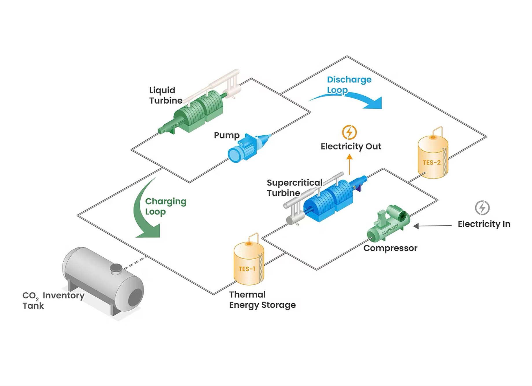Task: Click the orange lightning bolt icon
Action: pos(349,132)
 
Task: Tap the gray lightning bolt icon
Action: pos(482,208)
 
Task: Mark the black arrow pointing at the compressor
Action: pos(432,226)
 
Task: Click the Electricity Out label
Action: pos(351,146)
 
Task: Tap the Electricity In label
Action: pos(484,224)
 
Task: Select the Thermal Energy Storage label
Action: pos(262,300)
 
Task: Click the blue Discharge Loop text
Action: pos(349,85)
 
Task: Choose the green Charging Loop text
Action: pos(166,206)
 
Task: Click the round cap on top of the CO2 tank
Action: pos(117,269)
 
